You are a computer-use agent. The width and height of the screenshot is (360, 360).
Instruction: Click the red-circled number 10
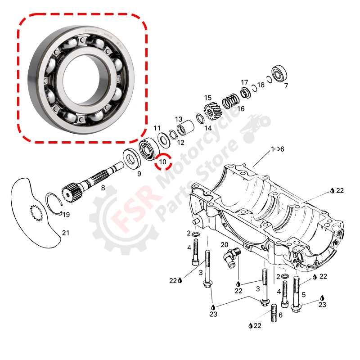pos(163,161)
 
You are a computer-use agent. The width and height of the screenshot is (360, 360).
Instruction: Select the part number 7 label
pos(286,85)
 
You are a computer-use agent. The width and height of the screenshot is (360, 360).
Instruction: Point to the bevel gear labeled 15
pos(211,111)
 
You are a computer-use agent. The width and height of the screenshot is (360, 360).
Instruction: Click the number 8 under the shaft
pos(103,188)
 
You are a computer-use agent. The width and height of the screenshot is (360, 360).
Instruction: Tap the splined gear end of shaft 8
pos(70,190)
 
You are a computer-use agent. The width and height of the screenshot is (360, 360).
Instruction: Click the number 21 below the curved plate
pos(66,233)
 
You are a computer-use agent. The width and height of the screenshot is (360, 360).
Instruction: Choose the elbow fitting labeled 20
pos(231,258)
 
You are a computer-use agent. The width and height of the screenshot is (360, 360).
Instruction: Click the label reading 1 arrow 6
pos(277,149)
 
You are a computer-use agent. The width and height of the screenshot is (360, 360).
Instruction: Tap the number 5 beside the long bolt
pos(303,295)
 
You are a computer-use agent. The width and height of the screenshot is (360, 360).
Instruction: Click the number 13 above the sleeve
pos(179,119)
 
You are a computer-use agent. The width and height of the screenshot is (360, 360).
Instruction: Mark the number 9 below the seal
pos(139,174)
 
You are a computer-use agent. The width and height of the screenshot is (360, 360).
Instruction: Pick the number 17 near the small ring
pos(244,82)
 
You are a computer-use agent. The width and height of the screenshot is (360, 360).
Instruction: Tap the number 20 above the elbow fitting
pos(225,244)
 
